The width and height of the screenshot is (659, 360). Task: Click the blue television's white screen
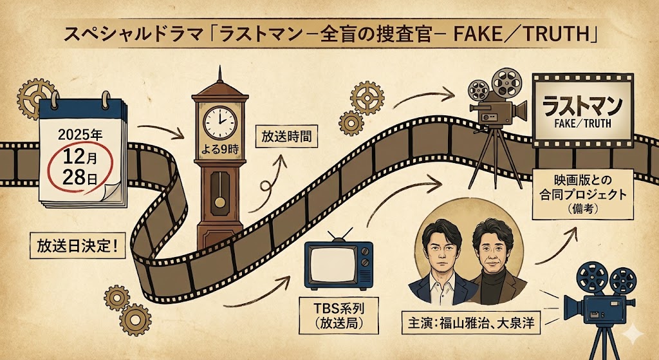pos(330,266)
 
